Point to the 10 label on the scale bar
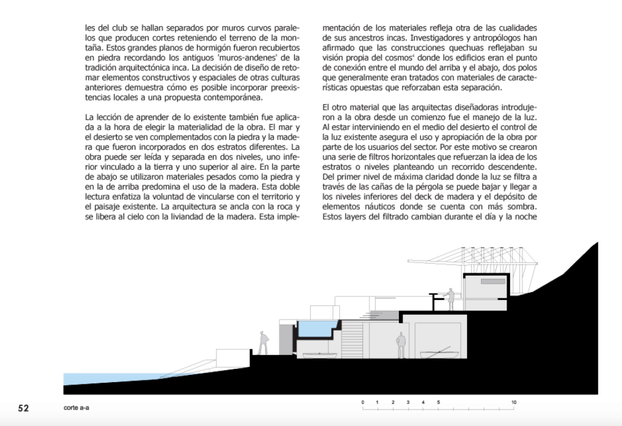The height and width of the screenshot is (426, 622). tap(514, 403)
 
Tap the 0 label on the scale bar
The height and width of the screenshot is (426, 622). tap(362, 403)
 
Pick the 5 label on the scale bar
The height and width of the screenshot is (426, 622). tap(438, 403)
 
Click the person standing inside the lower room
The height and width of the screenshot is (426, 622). tap(401, 346)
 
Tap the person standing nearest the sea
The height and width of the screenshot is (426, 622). tap(263, 344)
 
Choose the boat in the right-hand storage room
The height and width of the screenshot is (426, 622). tap(438, 357)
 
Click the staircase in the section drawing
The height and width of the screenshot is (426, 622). tap(353, 335)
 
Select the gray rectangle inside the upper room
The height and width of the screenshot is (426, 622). tap(492, 282)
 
